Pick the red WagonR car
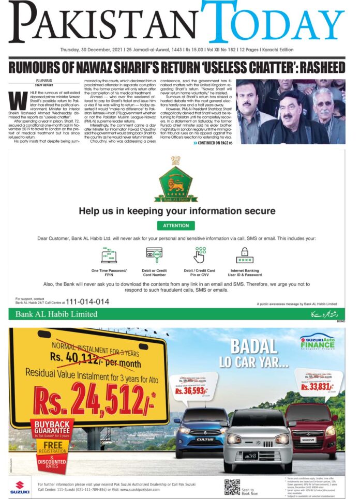point(311,424)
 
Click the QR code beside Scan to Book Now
point(232,486)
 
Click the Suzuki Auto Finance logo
point(317,343)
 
